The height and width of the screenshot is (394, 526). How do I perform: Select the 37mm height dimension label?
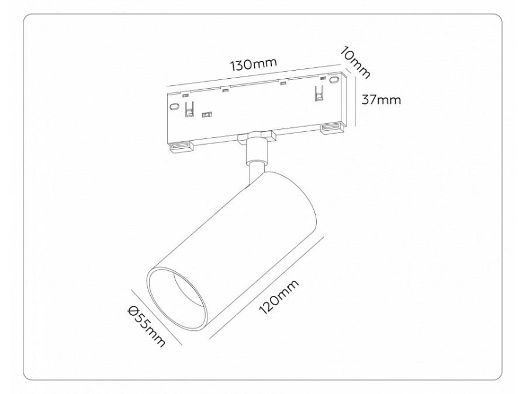pos(381,99)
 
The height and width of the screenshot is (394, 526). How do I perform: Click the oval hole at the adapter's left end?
pos(174,106)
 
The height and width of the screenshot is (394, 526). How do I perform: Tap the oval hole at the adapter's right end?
pos(334,79)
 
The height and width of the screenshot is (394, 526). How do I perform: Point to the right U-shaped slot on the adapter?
pos(319,93)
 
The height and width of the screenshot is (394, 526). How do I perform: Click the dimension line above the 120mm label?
pos(266,286)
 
